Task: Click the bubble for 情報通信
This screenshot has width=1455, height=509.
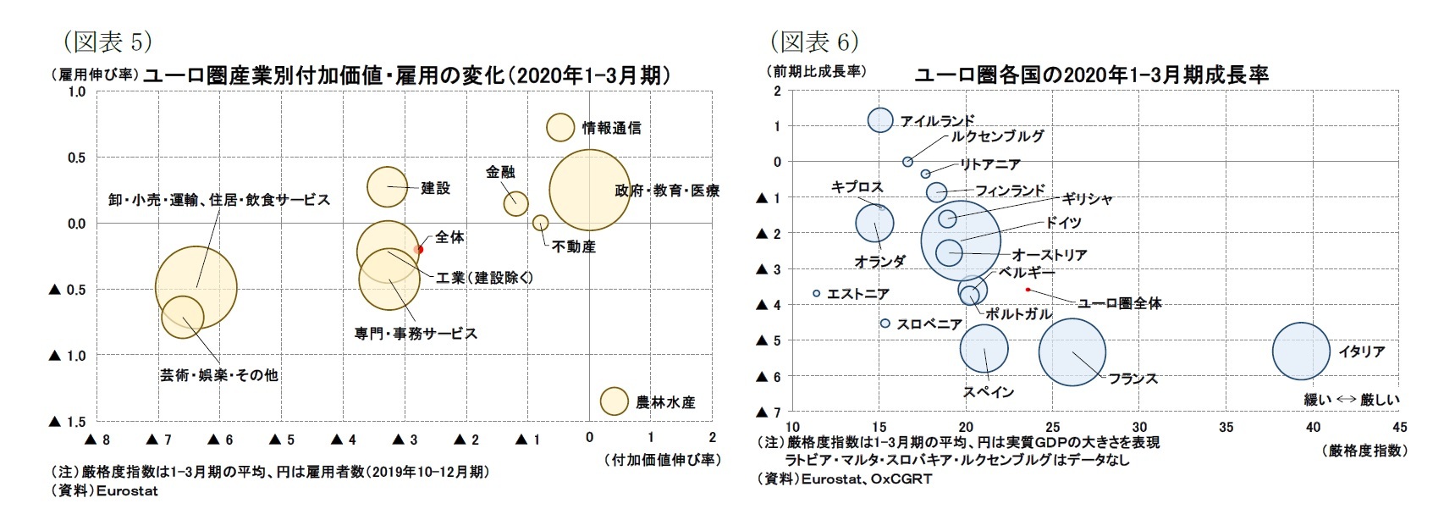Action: click(x=559, y=127)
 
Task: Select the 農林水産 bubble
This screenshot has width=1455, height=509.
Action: click(x=614, y=401)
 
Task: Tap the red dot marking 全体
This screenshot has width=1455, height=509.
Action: click(x=419, y=249)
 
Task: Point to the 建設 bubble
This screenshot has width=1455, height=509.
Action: click(x=387, y=186)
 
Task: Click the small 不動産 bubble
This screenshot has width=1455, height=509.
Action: click(x=540, y=223)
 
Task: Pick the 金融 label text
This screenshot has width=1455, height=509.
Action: click(x=500, y=172)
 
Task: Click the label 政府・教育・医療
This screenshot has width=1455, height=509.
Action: click(x=667, y=191)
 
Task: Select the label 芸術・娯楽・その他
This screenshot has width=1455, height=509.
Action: click(x=219, y=374)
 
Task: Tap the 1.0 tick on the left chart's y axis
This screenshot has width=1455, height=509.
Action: click(x=76, y=91)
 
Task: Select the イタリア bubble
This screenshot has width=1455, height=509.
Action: click(x=1301, y=351)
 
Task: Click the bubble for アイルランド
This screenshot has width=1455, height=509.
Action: click(x=880, y=119)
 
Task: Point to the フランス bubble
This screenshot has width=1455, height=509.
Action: click(x=1072, y=352)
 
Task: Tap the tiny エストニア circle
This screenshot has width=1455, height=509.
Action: click(x=816, y=293)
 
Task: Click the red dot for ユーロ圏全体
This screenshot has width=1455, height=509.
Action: click(x=1028, y=290)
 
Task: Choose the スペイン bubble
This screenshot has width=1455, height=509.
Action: click(x=984, y=348)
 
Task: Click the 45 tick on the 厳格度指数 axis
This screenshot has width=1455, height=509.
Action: click(x=1399, y=427)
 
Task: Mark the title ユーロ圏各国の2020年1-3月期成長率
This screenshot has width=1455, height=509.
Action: click(x=1091, y=75)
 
